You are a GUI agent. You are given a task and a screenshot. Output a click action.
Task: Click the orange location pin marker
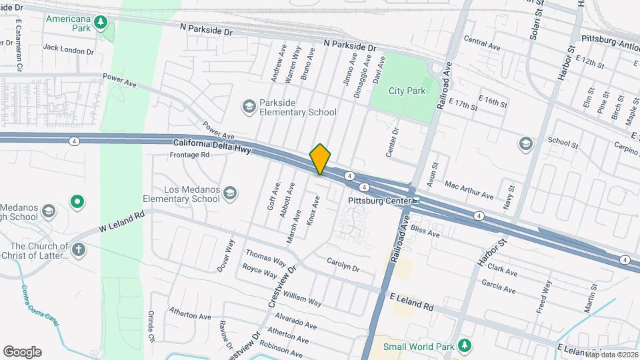320,159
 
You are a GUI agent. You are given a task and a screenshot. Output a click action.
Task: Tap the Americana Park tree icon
100,23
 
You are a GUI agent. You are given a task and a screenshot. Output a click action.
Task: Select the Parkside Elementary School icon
249,107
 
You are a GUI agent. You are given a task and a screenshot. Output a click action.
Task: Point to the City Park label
407,91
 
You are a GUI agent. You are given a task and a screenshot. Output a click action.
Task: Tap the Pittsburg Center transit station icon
415,200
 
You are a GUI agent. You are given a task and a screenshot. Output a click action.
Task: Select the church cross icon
79,250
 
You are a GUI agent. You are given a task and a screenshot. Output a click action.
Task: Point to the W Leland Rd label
122,221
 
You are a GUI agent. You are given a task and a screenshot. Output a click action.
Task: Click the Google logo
22,352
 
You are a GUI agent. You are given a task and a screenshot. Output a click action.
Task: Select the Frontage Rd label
190,155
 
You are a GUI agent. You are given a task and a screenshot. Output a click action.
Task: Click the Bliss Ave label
425,231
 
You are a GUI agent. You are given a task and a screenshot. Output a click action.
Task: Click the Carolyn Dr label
343,265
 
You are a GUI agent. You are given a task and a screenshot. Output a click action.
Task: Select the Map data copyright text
611,354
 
